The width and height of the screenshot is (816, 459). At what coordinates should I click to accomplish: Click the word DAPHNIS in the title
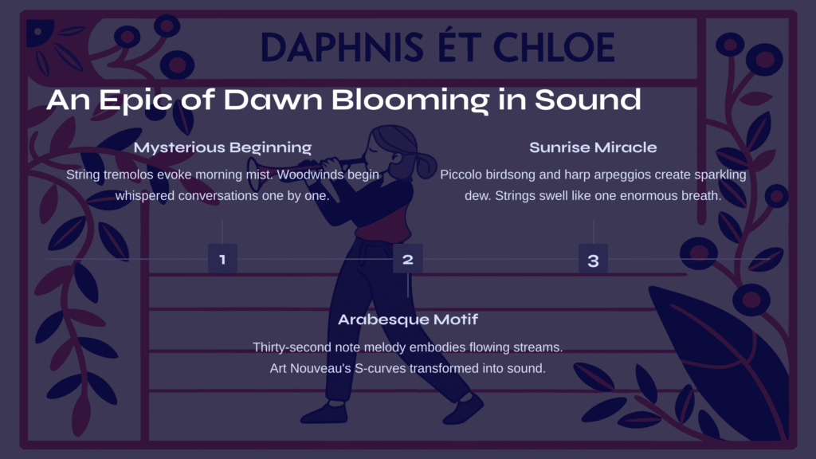point(342,47)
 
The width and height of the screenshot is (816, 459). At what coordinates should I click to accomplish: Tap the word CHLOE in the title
point(554,47)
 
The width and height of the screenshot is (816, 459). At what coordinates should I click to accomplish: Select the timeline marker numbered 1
point(223,259)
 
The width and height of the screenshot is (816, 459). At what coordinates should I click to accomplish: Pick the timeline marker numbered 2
point(408,259)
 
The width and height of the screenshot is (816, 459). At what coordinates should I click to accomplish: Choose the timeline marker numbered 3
point(593,259)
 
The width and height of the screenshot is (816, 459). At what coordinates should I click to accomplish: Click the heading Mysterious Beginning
point(223,147)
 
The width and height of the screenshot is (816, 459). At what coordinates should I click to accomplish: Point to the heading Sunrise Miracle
point(593,147)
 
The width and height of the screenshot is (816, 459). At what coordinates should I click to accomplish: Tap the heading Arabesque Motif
point(408,320)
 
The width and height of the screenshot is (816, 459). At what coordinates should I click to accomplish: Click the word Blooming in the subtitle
point(410,100)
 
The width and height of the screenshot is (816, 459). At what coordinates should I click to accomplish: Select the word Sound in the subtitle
point(588,100)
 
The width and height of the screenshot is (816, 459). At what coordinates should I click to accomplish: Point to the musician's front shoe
point(465,409)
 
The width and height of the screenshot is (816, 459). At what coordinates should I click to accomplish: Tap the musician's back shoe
point(325,413)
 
